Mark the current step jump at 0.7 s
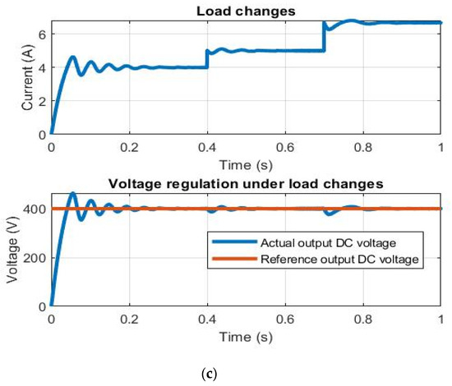324,37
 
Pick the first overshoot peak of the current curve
72,57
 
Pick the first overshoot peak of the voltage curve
72,194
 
